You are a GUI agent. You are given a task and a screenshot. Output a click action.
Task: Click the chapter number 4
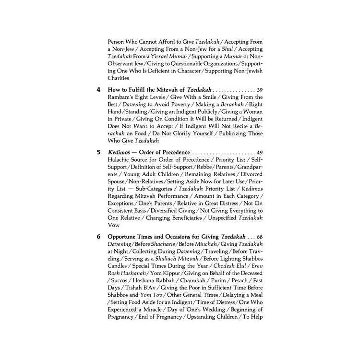[98, 90]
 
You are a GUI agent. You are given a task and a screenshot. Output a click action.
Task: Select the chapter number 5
[98, 152]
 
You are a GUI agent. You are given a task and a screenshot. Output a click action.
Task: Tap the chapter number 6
[98, 237]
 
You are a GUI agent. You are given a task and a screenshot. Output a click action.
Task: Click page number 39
[260, 90]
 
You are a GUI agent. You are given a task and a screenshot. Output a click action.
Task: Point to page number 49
[260, 152]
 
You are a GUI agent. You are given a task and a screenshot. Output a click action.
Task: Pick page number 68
[260, 237]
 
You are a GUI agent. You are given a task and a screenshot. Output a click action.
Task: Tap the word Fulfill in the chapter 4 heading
[136, 90]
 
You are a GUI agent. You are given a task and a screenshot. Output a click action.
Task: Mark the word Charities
[118, 78]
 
